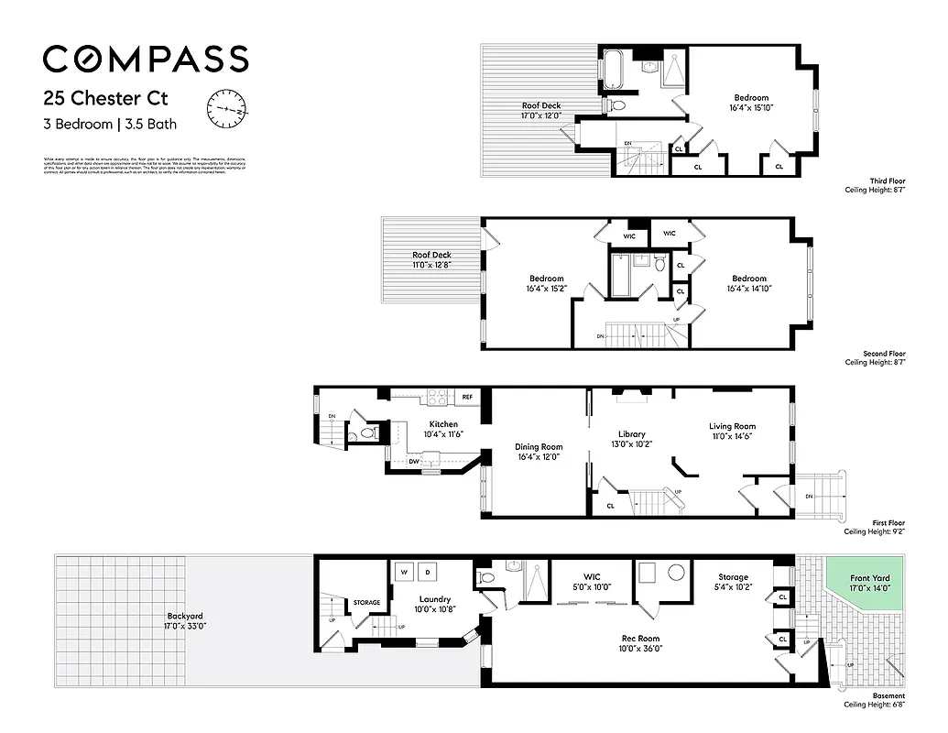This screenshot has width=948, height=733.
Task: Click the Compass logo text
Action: [x=146, y=59]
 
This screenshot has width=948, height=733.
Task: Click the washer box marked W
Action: [x=403, y=573]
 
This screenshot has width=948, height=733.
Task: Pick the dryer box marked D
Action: [x=427, y=573]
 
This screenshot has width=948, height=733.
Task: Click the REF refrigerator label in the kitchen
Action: [x=467, y=397]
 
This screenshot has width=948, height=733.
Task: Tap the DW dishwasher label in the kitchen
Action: [x=401, y=462]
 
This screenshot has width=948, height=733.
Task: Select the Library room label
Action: [x=631, y=434]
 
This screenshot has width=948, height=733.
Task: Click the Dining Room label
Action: [x=539, y=447]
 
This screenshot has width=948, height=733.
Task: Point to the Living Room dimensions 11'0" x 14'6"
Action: [x=732, y=437]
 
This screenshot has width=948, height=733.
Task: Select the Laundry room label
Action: [x=434, y=599]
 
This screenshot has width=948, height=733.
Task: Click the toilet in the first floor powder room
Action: [x=367, y=432]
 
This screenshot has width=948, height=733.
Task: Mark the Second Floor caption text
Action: [x=884, y=353]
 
